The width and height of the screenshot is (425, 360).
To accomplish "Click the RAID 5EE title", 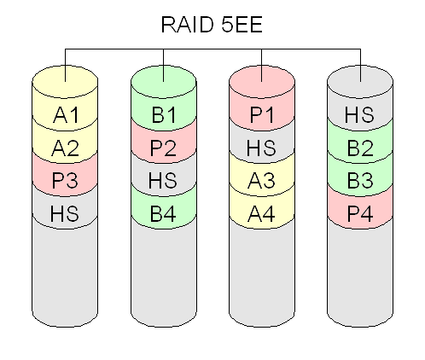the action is (x=212, y=25).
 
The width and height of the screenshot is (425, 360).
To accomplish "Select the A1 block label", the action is (x=66, y=115).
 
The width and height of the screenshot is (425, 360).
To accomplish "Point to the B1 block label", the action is (x=164, y=115).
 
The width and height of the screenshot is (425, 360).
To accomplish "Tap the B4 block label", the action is (x=163, y=213).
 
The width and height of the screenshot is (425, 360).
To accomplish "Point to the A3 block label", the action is (x=261, y=180).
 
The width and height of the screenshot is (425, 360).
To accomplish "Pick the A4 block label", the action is (x=261, y=213).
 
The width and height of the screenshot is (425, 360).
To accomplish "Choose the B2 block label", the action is (x=360, y=148).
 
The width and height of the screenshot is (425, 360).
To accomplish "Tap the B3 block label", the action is (x=360, y=180).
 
